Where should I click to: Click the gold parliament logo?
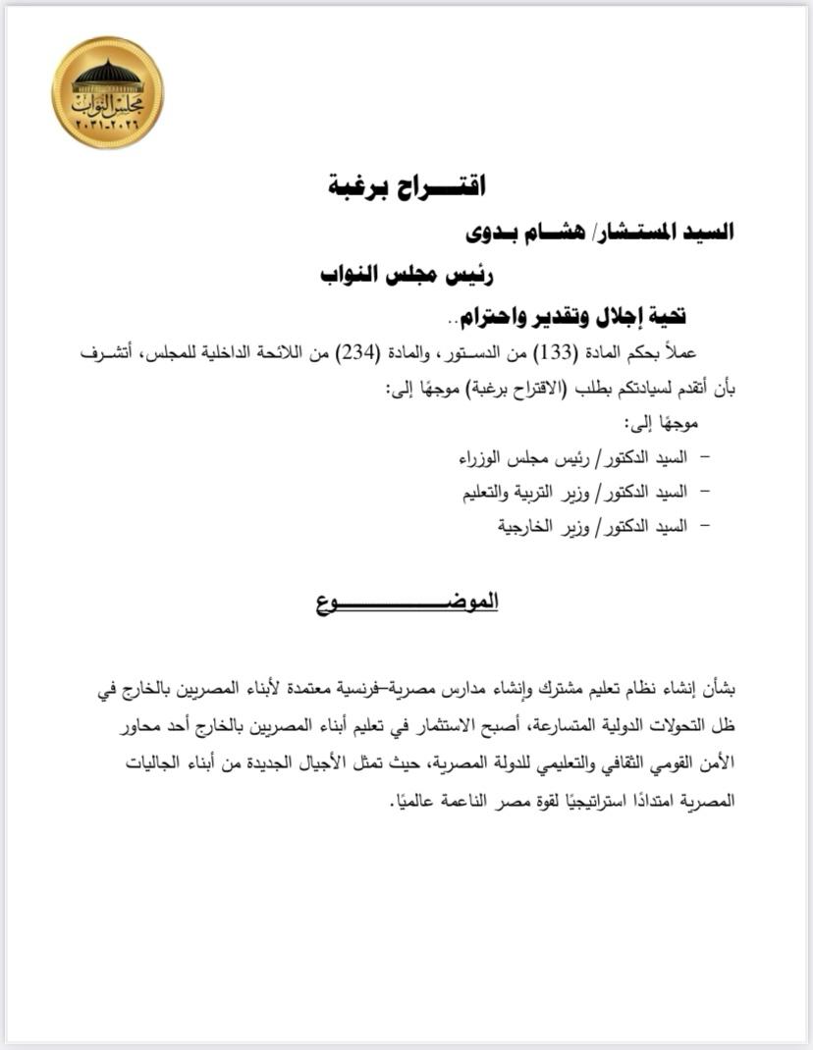point(108,92)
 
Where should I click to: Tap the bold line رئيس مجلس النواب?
point(406,275)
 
